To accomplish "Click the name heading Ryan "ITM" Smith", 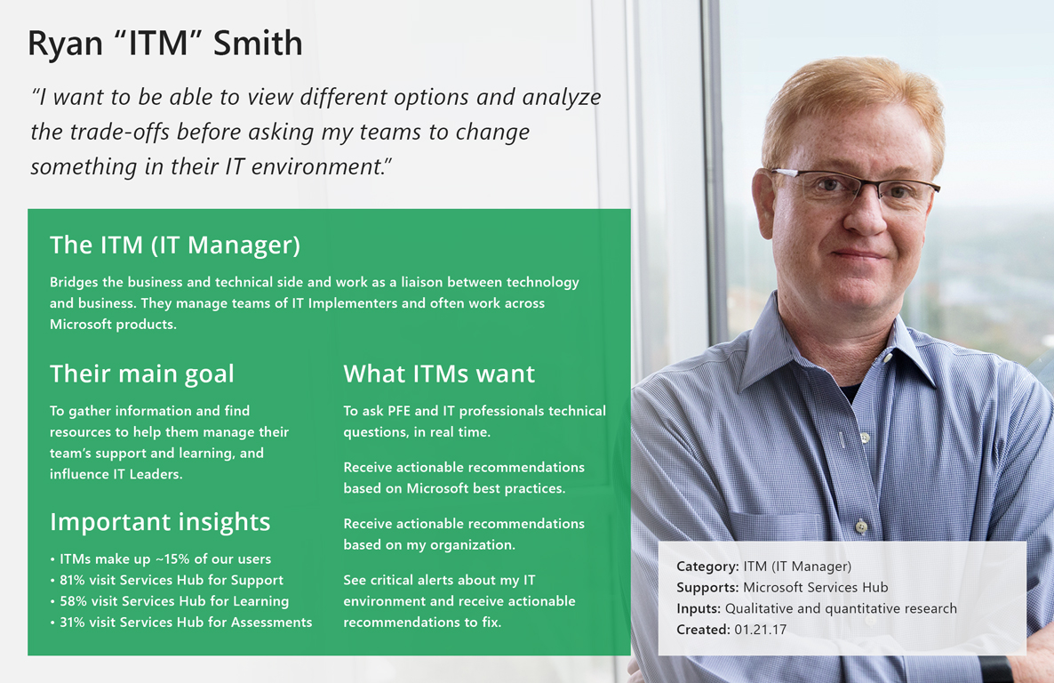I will [165, 44].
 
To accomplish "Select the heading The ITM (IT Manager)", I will [175, 245].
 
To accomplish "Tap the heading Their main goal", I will [142, 374].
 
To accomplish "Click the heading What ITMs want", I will [439, 374].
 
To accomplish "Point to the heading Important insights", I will [160, 521].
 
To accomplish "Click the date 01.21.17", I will [761, 630].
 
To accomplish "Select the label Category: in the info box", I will [707, 566].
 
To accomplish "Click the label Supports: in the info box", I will [707, 588].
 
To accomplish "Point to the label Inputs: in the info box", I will [699, 609].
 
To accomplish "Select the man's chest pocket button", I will [860, 526].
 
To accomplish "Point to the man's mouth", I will [860, 255].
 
